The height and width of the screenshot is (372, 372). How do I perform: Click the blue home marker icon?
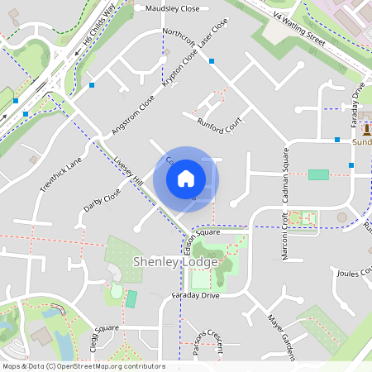click(x=186, y=178)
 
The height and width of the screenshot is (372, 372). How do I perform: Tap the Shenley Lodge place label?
click(x=175, y=262)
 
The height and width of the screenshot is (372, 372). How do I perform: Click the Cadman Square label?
click(x=286, y=174)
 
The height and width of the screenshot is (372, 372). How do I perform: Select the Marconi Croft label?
click(x=284, y=236)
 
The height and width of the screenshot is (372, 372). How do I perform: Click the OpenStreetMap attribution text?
click(x=83, y=366)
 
